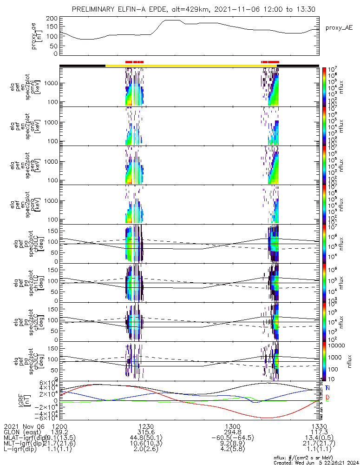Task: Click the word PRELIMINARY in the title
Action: coord(96,9)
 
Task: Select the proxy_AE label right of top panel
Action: coord(338,28)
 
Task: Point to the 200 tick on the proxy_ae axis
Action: coord(52,19)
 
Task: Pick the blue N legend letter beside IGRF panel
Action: coord(327,388)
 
